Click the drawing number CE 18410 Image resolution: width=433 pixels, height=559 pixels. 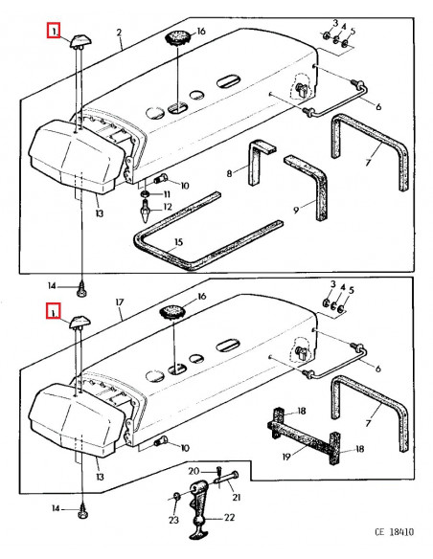tap(394, 532)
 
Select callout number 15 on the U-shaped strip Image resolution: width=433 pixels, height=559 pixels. tap(178, 242)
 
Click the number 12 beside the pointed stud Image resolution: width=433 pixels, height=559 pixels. tap(168, 207)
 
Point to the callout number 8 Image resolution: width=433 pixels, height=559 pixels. tap(229, 173)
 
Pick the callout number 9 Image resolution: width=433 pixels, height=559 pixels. tap(296, 211)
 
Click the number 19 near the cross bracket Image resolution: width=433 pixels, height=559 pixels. tap(286, 457)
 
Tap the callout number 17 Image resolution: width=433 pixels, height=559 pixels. tap(120, 302)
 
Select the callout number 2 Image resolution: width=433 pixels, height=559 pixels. tap(119, 33)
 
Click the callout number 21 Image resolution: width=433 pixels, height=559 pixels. tap(236, 497)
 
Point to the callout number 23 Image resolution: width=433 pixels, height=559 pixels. tap(173, 520)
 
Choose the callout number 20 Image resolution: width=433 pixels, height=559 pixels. tap(194, 471)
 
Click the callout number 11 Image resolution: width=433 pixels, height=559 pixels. tap(167, 194)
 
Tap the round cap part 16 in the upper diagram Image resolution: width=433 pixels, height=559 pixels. tap(177, 37)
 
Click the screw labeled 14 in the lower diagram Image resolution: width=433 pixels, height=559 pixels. tap(82, 512)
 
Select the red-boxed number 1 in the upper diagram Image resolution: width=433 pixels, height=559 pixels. tap(54, 31)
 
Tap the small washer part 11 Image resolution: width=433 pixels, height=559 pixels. tap(146, 194)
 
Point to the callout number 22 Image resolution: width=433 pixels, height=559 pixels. tap(229, 517)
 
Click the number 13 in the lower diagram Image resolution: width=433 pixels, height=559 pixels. tap(100, 477)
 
